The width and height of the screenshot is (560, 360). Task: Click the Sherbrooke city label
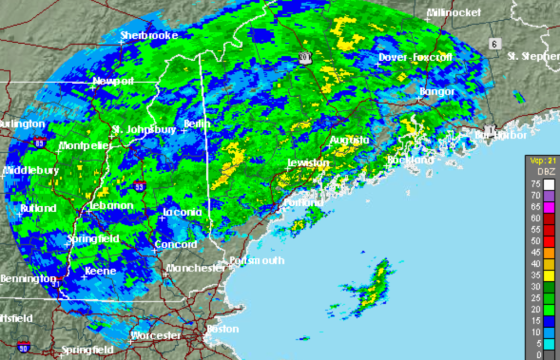tap(149, 35)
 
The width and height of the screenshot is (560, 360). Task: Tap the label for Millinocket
tap(454, 12)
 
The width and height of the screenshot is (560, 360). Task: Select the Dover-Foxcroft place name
tap(409, 57)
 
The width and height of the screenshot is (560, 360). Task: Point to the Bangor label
tap(437, 91)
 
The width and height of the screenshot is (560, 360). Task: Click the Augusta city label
tap(350, 140)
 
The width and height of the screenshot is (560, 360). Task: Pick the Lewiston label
tap(309, 163)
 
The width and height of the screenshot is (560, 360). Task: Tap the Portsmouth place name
tap(257, 260)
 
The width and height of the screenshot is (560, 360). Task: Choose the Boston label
tap(223, 329)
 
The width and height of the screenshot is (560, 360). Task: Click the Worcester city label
tap(155, 335)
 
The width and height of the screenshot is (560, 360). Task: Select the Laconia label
tap(182, 212)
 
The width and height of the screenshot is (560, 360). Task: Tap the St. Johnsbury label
tap(144, 130)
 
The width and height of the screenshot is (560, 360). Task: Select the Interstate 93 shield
tap(140, 185)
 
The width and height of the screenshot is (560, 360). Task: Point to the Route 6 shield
tap(495, 44)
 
